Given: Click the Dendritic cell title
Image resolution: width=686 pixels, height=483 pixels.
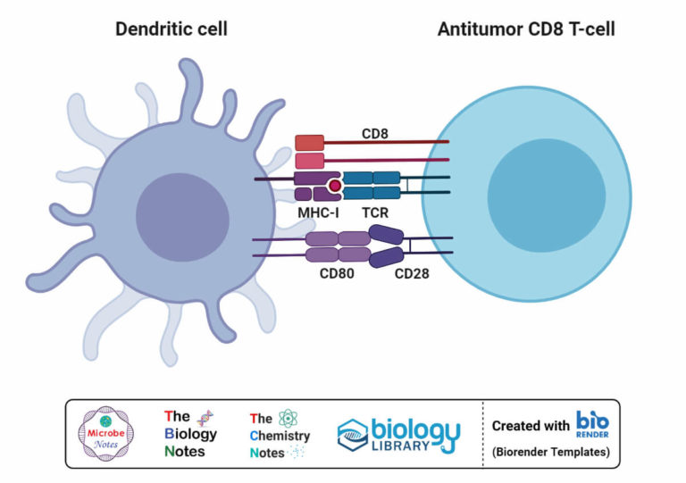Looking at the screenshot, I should pyautogui.click(x=171, y=29).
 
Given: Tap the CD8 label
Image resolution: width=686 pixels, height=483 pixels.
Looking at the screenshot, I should pyautogui.click(x=374, y=134).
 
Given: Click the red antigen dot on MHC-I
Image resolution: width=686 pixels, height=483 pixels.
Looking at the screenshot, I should pyautogui.click(x=335, y=186).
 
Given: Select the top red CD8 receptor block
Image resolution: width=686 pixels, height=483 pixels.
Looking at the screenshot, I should pyautogui.click(x=309, y=143).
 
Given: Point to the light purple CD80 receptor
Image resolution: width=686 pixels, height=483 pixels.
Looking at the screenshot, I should pyautogui.click(x=337, y=246).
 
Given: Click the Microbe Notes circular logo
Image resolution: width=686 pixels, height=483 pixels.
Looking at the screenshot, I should pyautogui.click(x=106, y=433).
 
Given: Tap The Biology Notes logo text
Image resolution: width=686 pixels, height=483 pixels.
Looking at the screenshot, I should pyautogui.click(x=190, y=433).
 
